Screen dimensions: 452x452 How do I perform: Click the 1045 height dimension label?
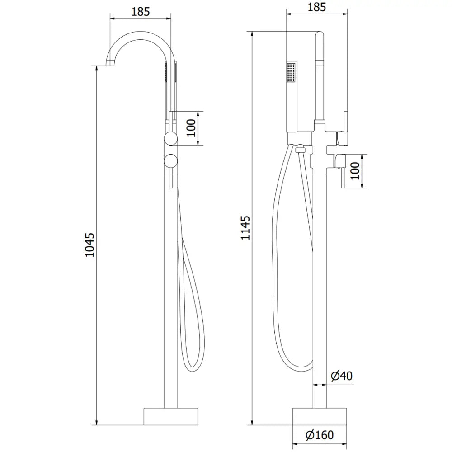pyautogui.click(x=90, y=245)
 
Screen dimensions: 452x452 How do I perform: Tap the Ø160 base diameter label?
pyautogui.click(x=320, y=435)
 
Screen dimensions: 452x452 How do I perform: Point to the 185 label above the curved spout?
pyautogui.click(x=141, y=12)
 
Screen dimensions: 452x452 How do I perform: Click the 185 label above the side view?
pyautogui.click(x=317, y=7)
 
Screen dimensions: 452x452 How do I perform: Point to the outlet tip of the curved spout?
pyautogui.click(x=109, y=63)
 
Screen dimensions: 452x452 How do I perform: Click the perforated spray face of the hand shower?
pyautogui.click(x=290, y=72)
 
